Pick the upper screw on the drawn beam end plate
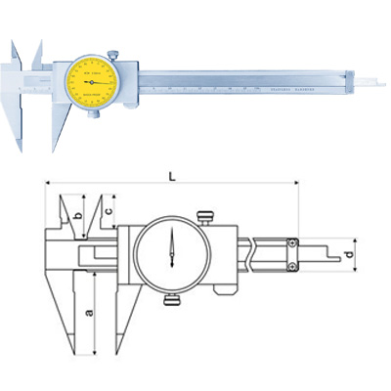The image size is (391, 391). (x=292, y=244)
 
